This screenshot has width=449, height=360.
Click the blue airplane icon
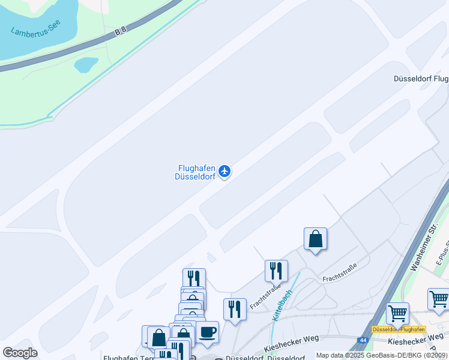point(224,172)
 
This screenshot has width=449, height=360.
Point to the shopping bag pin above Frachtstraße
point(315,239)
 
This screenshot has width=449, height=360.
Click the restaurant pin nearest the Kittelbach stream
point(276,271)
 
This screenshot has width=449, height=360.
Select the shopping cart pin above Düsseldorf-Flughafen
point(397,313)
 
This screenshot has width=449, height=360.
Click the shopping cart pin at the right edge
point(439,299)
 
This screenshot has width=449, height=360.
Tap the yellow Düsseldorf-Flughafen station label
point(399,329)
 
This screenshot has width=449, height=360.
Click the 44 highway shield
point(362,340)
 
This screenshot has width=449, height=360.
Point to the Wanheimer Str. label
point(423,247)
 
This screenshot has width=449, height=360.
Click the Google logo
point(20,352)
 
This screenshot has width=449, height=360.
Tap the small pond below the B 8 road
point(86,64)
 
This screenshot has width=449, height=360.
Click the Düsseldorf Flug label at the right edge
point(421,79)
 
